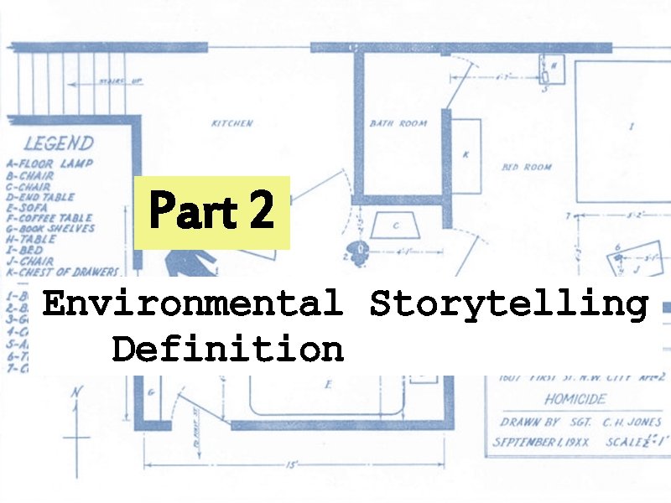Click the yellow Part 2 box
tap(212, 212)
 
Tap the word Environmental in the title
tap(192, 303)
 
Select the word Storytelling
tap(508, 304)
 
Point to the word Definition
tap(227, 348)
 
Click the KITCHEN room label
tap(231, 123)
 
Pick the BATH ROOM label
tap(398, 123)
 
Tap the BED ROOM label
tap(527, 167)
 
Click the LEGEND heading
tap(59, 144)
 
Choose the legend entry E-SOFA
tap(30, 207)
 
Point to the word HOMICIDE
tap(574, 401)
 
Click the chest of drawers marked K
tap(466, 156)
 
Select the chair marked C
tap(395, 225)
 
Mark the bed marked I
tap(630, 127)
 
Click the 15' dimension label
tap(289, 463)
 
